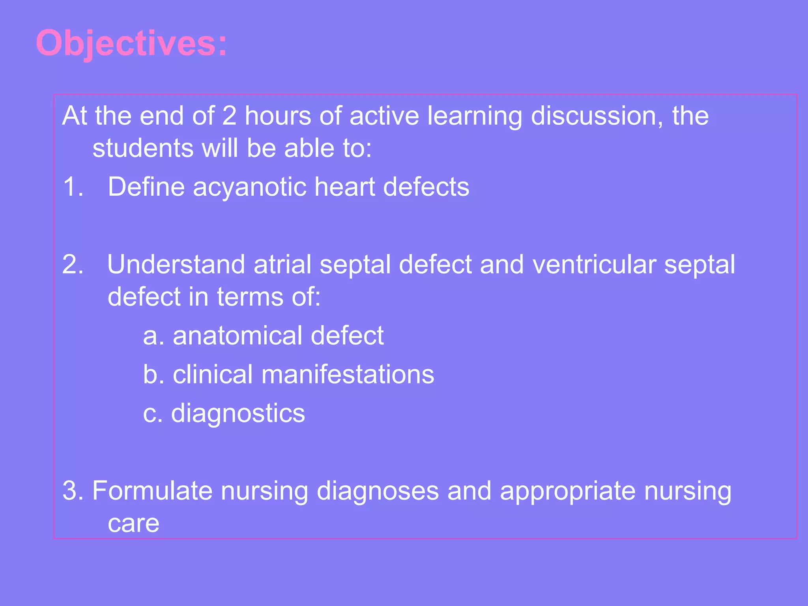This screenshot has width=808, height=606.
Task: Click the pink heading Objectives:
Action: click(131, 43)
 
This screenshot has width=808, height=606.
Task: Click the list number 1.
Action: click(73, 187)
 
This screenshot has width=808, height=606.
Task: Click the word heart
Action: click(344, 187)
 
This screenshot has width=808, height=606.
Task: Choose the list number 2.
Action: click(73, 264)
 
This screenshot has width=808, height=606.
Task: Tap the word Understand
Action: click(176, 264)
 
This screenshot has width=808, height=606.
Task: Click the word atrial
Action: click(282, 264)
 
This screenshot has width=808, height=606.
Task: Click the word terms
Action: click(250, 297)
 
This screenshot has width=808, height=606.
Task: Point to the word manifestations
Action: click(348, 374)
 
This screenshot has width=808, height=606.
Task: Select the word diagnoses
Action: click(378, 492)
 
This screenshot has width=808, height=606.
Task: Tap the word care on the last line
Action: click(133, 524)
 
